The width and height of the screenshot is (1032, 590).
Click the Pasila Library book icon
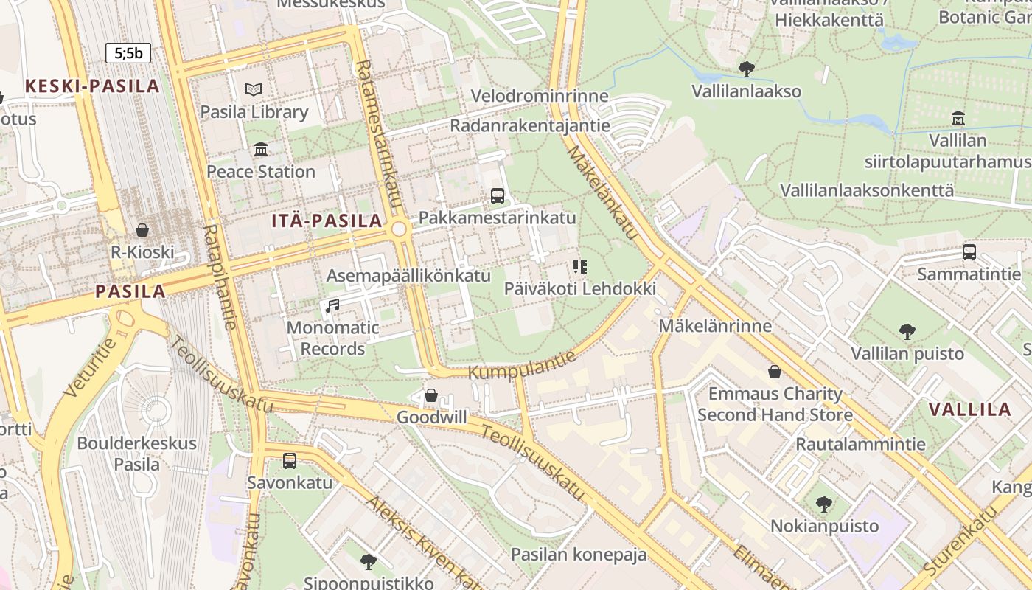click(x=254, y=89)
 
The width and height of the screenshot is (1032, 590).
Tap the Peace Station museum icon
click(x=261, y=150)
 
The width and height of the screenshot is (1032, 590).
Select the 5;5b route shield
click(x=128, y=53)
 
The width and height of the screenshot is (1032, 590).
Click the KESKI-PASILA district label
click(x=92, y=86)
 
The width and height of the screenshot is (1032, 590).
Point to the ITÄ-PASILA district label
click(x=327, y=221)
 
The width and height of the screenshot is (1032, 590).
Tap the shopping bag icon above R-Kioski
click(x=142, y=230)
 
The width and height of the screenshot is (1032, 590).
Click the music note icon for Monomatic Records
click(x=332, y=305)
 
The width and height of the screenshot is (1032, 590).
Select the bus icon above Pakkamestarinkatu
click(x=498, y=196)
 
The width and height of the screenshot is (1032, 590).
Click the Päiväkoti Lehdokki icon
click(x=580, y=267)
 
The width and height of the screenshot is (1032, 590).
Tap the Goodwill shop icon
click(x=431, y=396)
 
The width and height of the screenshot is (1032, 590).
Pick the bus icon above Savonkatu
click(x=290, y=461)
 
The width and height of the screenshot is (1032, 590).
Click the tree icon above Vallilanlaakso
click(x=746, y=69)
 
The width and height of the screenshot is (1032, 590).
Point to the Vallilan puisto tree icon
click(x=907, y=332)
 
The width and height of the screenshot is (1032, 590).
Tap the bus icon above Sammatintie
click(x=969, y=252)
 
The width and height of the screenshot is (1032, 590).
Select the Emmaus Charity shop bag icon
click(x=775, y=372)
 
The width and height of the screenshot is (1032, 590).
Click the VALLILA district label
click(x=969, y=410)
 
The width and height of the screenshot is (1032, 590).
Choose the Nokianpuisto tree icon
click(x=824, y=504)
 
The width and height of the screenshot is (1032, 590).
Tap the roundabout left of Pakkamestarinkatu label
click(x=400, y=229)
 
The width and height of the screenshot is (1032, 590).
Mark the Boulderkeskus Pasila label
click(x=137, y=454)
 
